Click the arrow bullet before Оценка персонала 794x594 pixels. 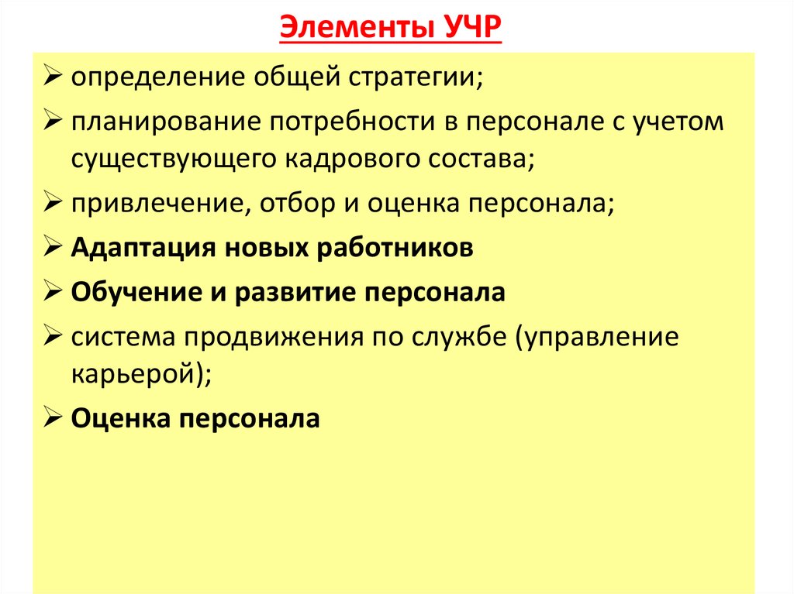pos(53,419)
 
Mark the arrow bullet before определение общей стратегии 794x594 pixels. pos(53,78)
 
